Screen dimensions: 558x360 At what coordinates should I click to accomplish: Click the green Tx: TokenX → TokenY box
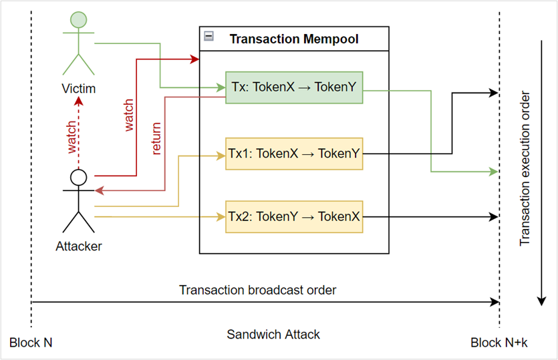click(x=294, y=87)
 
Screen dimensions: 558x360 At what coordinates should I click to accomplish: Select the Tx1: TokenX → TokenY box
click(x=294, y=154)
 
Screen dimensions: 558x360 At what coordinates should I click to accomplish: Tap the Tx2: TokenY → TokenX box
click(x=294, y=216)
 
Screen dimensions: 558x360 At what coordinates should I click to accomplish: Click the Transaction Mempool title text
click(x=294, y=39)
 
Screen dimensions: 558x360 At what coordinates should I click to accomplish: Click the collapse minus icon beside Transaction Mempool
click(x=209, y=36)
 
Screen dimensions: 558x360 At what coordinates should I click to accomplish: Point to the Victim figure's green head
click(x=79, y=19)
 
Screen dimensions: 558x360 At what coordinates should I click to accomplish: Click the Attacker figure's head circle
click(x=79, y=177)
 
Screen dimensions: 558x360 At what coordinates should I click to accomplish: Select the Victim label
click(x=79, y=89)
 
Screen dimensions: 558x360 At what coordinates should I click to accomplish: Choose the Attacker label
click(x=79, y=246)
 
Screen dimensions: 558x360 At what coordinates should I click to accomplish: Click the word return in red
click(x=156, y=139)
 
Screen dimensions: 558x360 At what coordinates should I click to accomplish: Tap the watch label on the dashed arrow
click(x=72, y=138)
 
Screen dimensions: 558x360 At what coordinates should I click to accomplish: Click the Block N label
click(x=31, y=343)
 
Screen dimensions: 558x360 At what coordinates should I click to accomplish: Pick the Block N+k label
click(x=499, y=343)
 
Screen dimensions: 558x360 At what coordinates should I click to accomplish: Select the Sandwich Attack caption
click(x=273, y=335)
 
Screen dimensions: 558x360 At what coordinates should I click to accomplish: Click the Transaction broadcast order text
click(x=258, y=290)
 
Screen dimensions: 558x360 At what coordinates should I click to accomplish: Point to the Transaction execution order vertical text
click(x=525, y=168)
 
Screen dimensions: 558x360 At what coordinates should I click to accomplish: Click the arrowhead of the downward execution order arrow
click(x=542, y=301)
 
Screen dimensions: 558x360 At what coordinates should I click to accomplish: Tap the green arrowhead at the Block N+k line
click(x=494, y=172)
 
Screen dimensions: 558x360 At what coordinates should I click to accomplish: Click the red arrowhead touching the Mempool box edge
click(x=194, y=59)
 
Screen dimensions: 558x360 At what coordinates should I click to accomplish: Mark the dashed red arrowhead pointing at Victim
click(x=79, y=102)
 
